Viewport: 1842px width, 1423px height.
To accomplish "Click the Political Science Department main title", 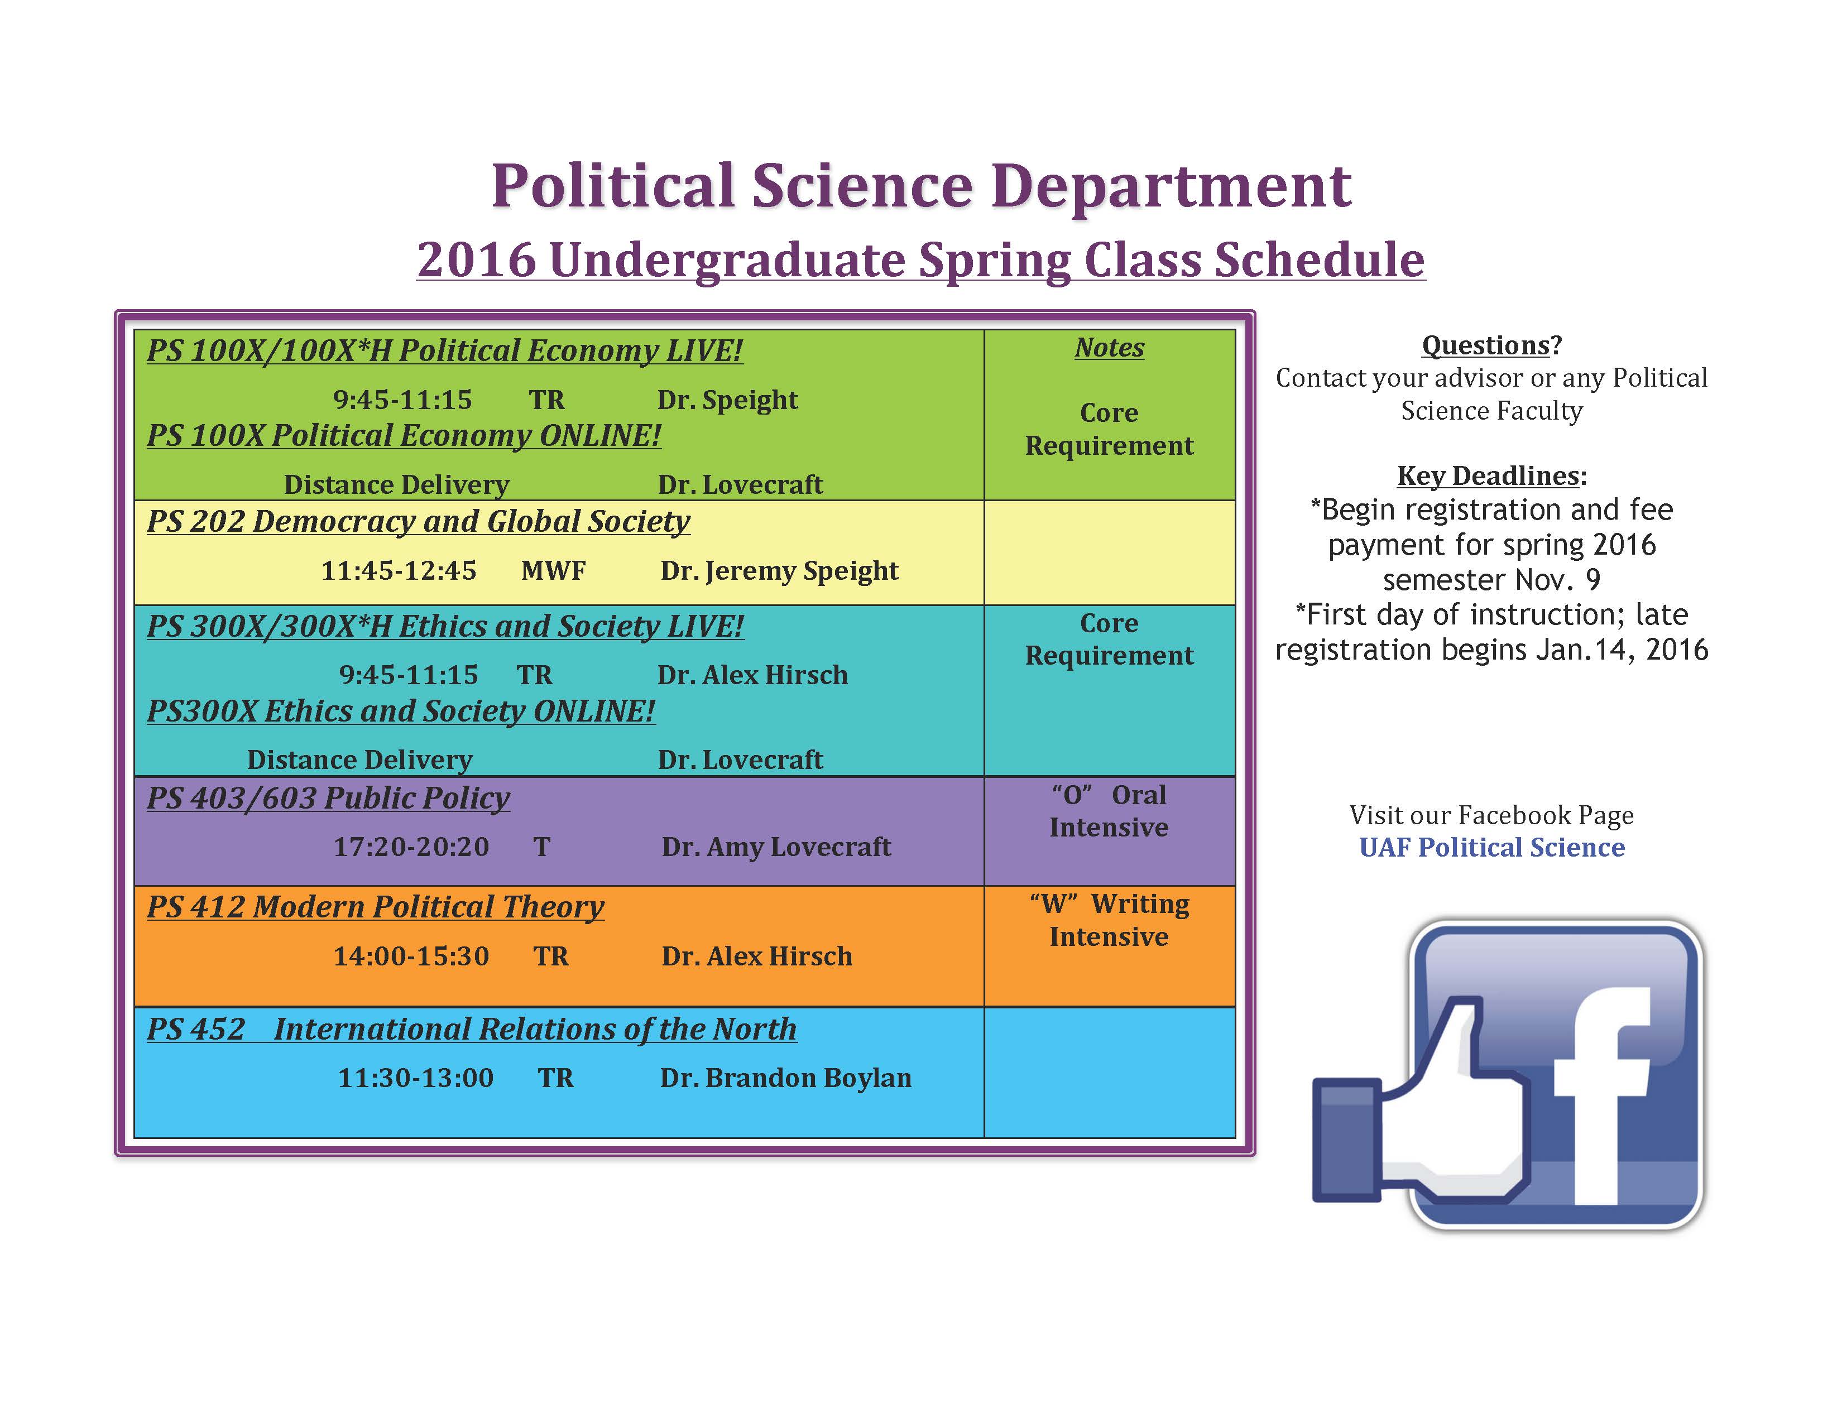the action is click(921, 186).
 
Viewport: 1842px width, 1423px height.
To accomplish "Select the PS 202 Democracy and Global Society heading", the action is click(418, 522).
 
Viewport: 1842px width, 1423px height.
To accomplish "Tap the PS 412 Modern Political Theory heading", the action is click(375, 907).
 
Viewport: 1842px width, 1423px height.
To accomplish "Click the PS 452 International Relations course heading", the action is click(472, 1030).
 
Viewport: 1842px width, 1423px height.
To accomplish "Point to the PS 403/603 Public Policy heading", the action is click(328, 799).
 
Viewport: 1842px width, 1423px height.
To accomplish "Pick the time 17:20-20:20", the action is click(411, 847).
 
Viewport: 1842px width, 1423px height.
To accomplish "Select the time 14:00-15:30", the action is click(411, 956).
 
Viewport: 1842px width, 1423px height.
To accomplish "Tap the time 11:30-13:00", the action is click(416, 1078).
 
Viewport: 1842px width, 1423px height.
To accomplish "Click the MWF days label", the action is click(553, 571).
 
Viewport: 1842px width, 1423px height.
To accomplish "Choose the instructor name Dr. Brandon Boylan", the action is click(785, 1078).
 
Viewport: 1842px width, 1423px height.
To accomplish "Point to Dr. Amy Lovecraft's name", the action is click(776, 847).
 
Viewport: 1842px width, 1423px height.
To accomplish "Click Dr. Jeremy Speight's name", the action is click(779, 571).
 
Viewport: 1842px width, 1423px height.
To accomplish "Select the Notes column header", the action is click(1109, 347).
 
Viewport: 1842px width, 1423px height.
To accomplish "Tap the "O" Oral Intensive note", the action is click(1109, 811).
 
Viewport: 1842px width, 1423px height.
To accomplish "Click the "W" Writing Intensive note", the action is click(1109, 920).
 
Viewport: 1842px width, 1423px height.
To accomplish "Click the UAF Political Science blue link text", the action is click(1491, 847).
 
